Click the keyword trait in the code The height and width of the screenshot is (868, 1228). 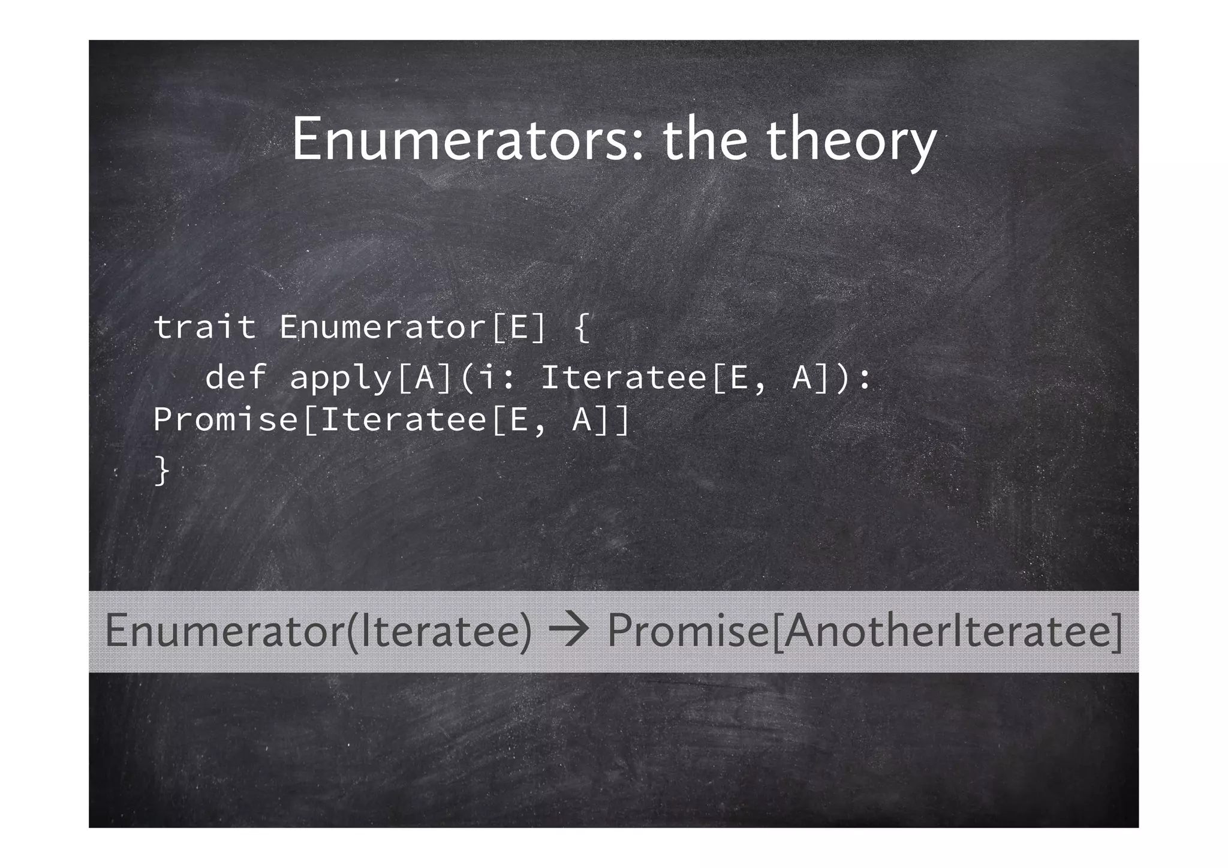[x=204, y=328]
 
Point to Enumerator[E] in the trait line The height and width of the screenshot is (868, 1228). [x=413, y=328]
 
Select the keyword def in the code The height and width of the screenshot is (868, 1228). [x=236, y=377]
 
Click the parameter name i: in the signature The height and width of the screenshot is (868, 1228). [x=497, y=377]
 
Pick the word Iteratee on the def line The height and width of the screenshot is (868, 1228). [x=624, y=377]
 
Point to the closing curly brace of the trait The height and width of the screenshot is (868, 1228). [x=162, y=470]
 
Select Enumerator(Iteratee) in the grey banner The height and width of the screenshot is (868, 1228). [x=318, y=631]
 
